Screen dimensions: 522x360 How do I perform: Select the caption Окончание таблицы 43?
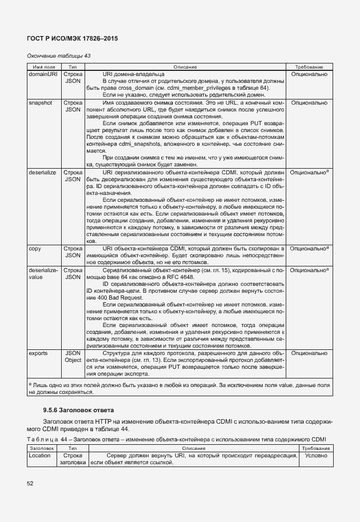click(59, 56)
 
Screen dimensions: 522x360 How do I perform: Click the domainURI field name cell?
click(43, 74)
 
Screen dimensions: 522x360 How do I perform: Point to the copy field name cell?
click(34, 248)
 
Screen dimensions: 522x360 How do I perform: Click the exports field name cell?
click(38, 353)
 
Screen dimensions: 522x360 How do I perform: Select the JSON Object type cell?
click(73, 357)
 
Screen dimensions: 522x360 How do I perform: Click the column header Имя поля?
click(44, 67)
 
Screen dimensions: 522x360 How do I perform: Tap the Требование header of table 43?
click(309, 67)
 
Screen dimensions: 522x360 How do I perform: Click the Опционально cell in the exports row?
click(309, 353)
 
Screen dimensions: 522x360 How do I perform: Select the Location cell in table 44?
click(39, 456)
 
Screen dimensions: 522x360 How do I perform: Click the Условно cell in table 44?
click(316, 456)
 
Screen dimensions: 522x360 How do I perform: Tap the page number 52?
click(30, 484)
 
